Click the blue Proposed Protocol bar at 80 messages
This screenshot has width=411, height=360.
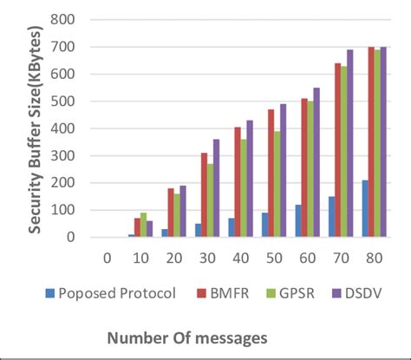coord(364,209)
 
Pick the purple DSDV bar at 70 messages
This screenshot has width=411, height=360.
coord(350,143)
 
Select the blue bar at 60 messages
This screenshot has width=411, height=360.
coord(299,220)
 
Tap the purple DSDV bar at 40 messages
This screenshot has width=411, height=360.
coord(251,178)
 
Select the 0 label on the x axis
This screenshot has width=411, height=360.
coord(106,258)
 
